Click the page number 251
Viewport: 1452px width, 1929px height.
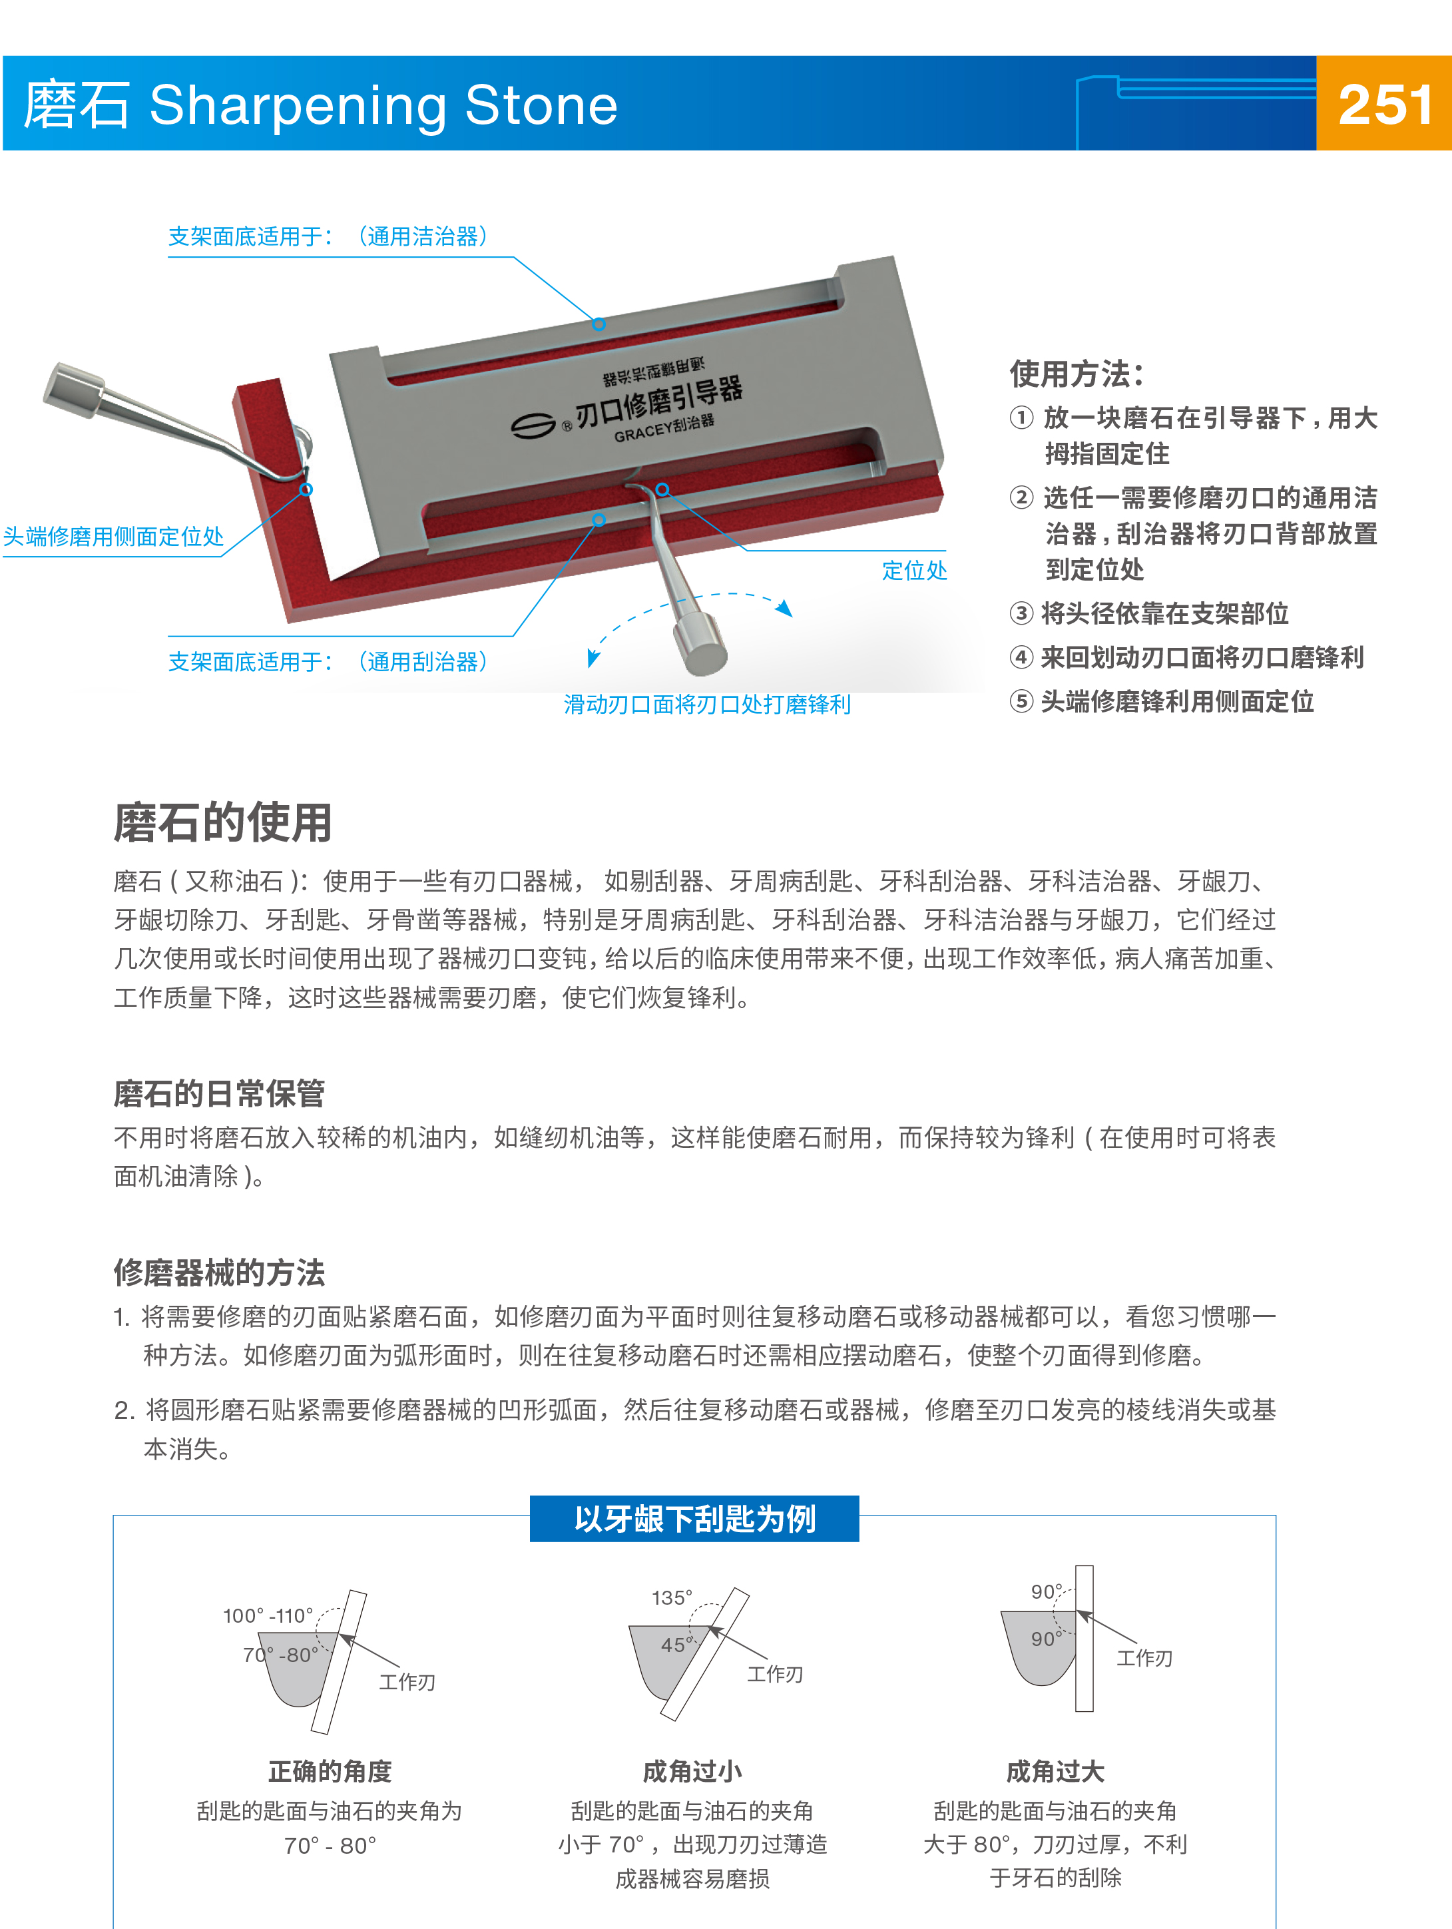pyautogui.click(x=1385, y=105)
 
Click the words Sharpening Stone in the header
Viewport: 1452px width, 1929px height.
pyautogui.click(x=383, y=105)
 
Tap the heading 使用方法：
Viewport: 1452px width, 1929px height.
pyautogui.click(x=1075, y=374)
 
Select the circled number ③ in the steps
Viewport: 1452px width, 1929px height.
pyautogui.click(x=1021, y=613)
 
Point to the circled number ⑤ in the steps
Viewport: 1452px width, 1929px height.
pyautogui.click(x=1021, y=701)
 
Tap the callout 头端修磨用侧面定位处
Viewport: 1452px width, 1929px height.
pyautogui.click(x=113, y=536)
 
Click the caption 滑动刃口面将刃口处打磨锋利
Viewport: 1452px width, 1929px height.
pyautogui.click(x=706, y=704)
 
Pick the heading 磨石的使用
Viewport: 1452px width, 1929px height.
pyautogui.click(x=222, y=822)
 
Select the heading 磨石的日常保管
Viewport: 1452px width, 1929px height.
pyautogui.click(x=219, y=1093)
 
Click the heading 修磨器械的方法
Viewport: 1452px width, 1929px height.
pyautogui.click(x=219, y=1272)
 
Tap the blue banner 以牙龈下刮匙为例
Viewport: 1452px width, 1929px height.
pyautogui.click(x=694, y=1519)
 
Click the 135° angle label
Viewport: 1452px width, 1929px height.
pyautogui.click(x=672, y=1597)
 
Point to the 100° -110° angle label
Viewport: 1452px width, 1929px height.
pyautogui.click(x=268, y=1616)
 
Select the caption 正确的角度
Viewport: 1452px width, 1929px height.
pyautogui.click(x=330, y=1771)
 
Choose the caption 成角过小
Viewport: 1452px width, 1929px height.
pyautogui.click(x=692, y=1771)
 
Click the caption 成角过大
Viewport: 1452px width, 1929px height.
pyautogui.click(x=1055, y=1771)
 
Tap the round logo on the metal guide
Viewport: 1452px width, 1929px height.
pyautogui.click(x=532, y=425)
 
